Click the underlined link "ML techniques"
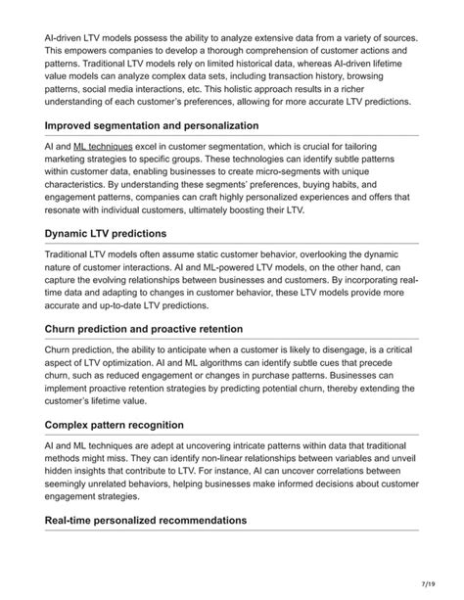103,146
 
